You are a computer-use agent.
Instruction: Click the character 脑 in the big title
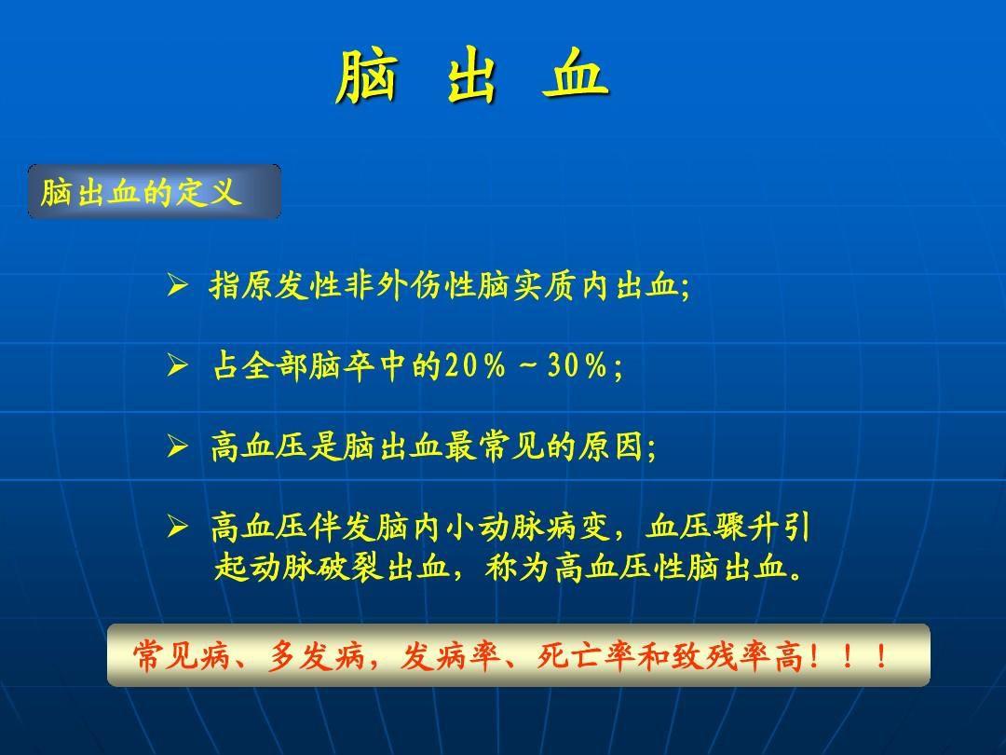tap(367, 75)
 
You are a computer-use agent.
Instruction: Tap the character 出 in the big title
tap(471, 75)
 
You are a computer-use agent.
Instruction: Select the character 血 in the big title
tap(575, 75)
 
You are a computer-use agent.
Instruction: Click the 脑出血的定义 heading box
tap(155, 191)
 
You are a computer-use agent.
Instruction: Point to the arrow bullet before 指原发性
tap(177, 284)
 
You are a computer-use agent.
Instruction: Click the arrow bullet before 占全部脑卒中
tap(177, 365)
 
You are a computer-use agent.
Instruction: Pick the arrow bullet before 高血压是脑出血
tap(177, 446)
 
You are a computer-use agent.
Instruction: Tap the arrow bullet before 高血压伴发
tap(177, 527)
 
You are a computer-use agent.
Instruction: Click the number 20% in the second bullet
tap(475, 366)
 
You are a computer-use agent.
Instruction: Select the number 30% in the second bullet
tap(578, 366)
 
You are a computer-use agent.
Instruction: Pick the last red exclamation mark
tap(883, 656)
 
